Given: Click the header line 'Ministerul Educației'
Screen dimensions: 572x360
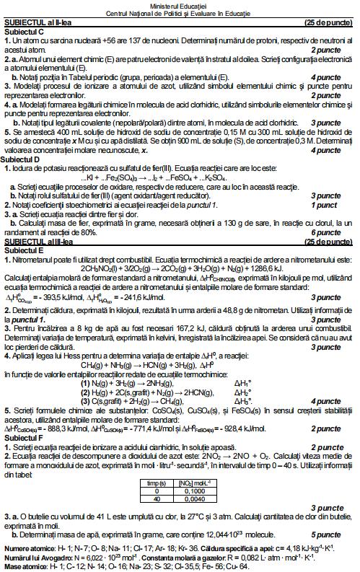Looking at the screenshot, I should point(180,4).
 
